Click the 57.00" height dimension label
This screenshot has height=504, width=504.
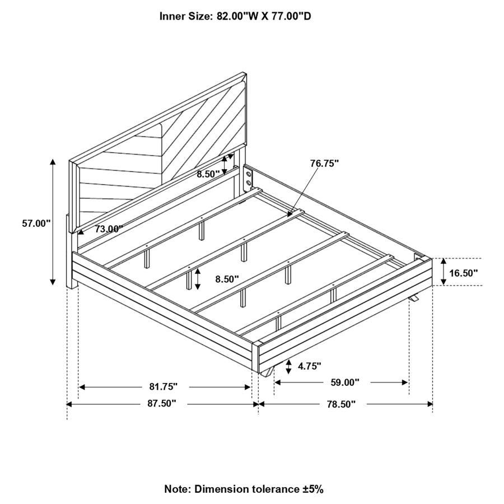pyautogui.click(x=36, y=223)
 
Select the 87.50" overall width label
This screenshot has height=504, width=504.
pyautogui.click(x=162, y=403)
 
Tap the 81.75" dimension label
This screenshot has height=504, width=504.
pyautogui.click(x=164, y=386)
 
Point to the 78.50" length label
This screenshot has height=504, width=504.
pyautogui.click(x=342, y=404)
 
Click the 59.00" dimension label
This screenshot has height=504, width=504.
pyautogui.click(x=345, y=382)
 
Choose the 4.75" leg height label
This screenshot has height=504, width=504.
pyautogui.click(x=310, y=366)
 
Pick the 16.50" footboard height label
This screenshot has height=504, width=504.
pyautogui.click(x=464, y=273)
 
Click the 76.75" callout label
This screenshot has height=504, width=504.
pyautogui.click(x=325, y=164)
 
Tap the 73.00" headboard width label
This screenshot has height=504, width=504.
pyautogui.click(x=109, y=229)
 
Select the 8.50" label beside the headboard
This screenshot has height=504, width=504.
pyautogui.click(x=208, y=174)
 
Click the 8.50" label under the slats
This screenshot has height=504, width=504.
pyautogui.click(x=227, y=279)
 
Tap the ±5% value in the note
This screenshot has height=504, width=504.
pyautogui.click(x=312, y=489)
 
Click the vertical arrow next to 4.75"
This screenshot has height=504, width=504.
pyautogui.click(x=288, y=367)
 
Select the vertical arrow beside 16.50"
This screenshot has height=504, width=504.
pyautogui.click(x=444, y=272)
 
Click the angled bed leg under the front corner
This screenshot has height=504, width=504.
pyautogui.click(x=267, y=372)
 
